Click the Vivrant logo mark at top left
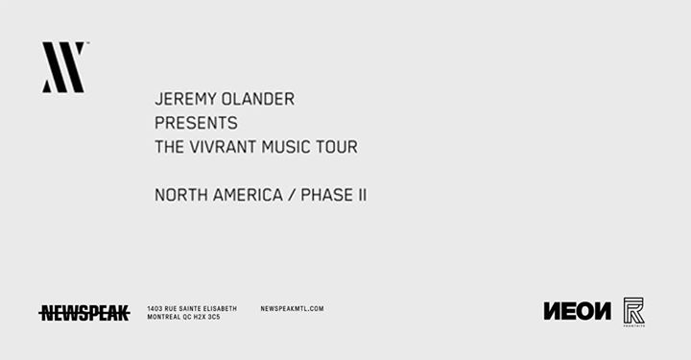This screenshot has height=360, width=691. tap(63, 67)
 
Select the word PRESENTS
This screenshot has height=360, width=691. tap(196, 123)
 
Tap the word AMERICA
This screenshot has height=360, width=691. tap(250, 195)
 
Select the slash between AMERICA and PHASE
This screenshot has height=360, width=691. tap(292, 195)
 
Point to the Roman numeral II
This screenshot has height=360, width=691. tap(362, 195)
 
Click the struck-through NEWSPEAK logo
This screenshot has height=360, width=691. tap(84, 312)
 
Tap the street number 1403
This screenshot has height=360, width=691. tap(155, 308)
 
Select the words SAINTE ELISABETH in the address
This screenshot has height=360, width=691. tap(208, 308)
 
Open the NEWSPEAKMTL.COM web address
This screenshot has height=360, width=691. tap(292, 308)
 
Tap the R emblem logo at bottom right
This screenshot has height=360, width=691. tap(633, 311)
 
